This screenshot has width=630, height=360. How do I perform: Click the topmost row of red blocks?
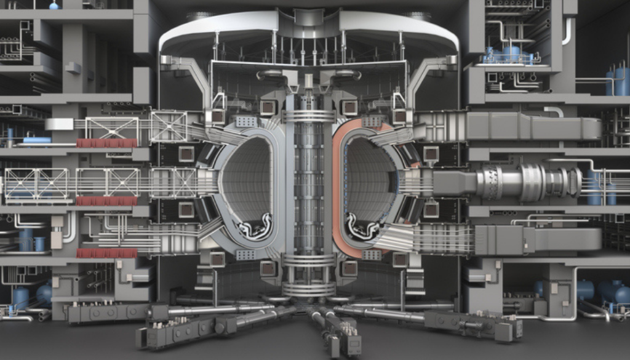pos(106,143)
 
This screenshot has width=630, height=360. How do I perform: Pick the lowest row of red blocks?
pos(106,253)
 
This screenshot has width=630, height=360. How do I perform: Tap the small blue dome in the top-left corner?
pos(54,5)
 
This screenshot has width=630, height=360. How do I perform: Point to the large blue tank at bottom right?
pos(615,292)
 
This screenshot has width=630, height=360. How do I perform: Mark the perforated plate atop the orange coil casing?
pos(370,121)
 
